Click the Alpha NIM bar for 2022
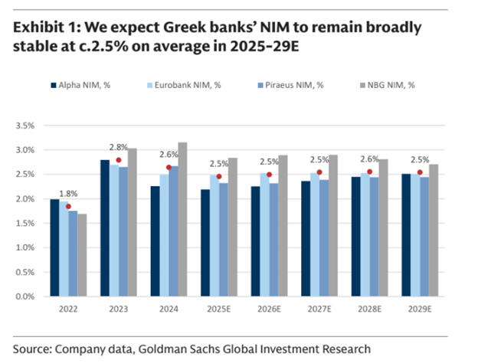click(x=54, y=247)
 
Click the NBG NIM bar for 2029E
click(x=434, y=230)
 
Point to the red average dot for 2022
click(x=68, y=206)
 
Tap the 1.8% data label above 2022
click(x=69, y=195)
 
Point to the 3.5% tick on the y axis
click(x=26, y=125)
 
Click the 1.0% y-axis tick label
click(x=26, y=247)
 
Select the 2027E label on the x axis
click(x=319, y=311)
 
